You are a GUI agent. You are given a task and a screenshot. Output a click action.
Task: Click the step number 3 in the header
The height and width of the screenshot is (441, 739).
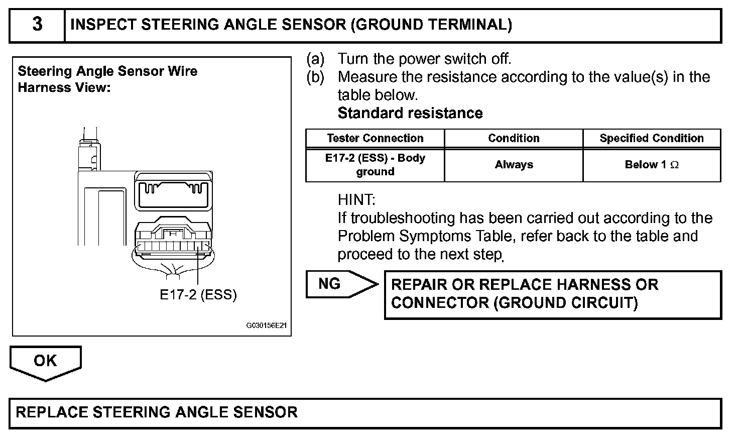(x=37, y=25)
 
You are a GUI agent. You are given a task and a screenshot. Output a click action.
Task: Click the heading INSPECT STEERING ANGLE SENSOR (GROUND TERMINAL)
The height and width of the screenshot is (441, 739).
(x=291, y=25)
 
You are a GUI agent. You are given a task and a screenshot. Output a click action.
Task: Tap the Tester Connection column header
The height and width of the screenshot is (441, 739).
(x=375, y=138)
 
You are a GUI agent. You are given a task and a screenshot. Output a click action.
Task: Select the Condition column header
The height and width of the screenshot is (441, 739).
(x=514, y=138)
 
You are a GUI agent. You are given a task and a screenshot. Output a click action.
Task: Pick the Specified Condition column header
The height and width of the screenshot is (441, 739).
(x=651, y=138)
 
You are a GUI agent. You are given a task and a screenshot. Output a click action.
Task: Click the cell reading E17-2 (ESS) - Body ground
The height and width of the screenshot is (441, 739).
(x=375, y=165)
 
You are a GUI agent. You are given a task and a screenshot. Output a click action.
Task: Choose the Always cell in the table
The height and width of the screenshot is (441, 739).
(x=514, y=165)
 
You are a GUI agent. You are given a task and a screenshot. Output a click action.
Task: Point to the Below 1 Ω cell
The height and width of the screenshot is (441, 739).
(x=651, y=165)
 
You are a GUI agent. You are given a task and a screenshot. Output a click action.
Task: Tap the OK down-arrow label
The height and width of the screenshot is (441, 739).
(x=45, y=361)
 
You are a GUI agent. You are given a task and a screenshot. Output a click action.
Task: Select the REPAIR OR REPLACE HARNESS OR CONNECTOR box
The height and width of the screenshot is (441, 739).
(x=552, y=294)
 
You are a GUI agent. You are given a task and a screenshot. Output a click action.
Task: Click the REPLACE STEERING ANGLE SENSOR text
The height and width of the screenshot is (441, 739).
(x=157, y=413)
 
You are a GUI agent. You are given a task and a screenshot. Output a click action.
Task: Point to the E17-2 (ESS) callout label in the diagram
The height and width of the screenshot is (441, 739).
(x=198, y=295)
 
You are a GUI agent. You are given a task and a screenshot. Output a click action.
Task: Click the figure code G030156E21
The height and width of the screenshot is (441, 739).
(x=266, y=325)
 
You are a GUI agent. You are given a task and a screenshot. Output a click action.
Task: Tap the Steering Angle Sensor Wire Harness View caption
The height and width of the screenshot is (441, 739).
(x=107, y=79)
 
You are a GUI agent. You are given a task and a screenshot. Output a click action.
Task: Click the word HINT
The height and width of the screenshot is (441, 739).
(x=356, y=200)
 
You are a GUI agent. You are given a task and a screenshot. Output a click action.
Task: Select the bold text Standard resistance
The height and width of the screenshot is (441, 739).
(x=410, y=114)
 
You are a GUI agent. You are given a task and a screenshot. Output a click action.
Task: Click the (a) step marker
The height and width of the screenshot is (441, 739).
(x=316, y=59)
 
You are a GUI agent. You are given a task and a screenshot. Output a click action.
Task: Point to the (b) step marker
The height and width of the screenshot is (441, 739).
(x=316, y=77)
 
